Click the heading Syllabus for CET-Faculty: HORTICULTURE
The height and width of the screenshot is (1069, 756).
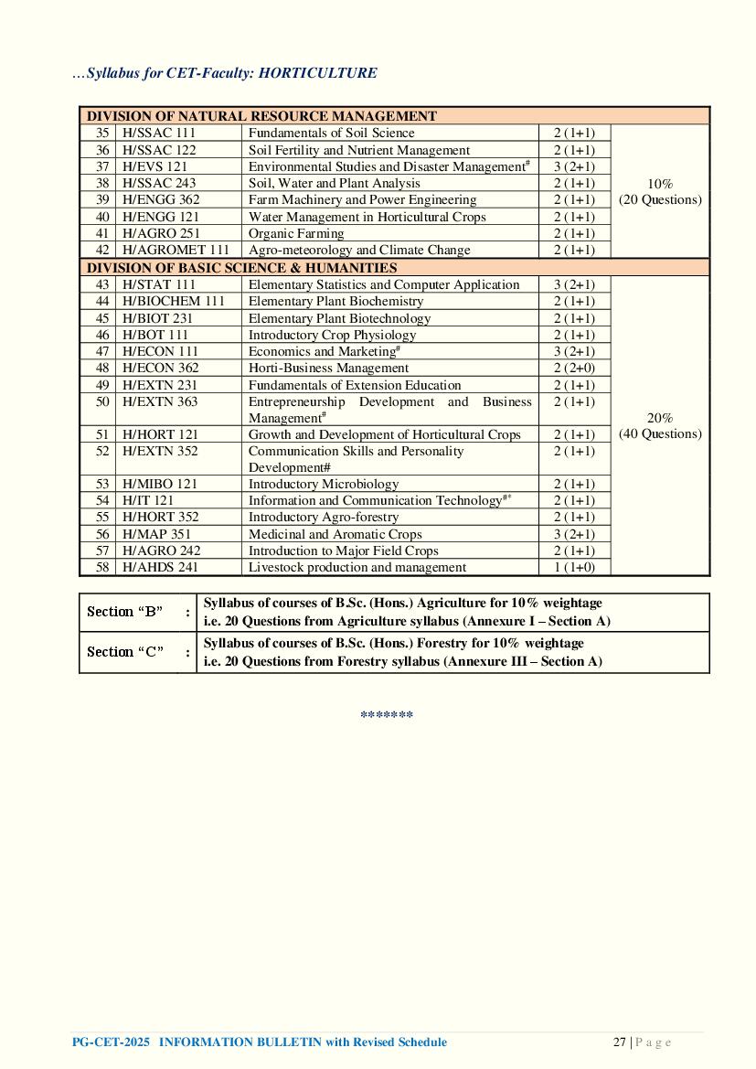[x=224, y=73]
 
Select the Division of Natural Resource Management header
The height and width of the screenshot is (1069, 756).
[x=261, y=116]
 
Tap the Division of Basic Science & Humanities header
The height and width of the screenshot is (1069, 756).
[x=241, y=268]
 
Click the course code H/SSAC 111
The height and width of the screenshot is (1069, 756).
[x=159, y=134]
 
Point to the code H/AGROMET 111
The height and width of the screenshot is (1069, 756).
[x=176, y=250]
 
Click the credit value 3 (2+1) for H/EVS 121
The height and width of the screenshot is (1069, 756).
[x=574, y=166]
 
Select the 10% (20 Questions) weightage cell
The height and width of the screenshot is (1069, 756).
[x=660, y=191]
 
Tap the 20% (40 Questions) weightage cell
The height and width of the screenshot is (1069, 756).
[x=660, y=425]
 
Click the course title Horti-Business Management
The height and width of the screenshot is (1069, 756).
[x=328, y=368]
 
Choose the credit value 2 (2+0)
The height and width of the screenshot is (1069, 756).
[x=574, y=368]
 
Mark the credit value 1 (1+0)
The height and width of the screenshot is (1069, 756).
[x=574, y=567]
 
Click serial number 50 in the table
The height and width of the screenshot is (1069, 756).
[x=102, y=401]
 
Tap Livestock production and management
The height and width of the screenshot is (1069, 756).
[x=357, y=567]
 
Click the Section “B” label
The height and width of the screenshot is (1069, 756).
[x=124, y=612]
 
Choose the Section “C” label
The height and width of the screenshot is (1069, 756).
[x=124, y=652]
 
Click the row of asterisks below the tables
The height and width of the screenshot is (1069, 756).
[x=387, y=715]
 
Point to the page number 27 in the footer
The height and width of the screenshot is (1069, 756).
[x=619, y=1042]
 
